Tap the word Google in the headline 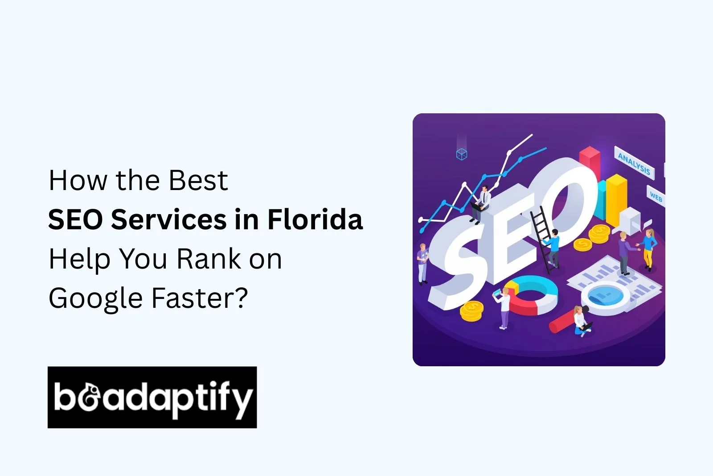point(94,298)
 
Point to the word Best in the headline point(198,180)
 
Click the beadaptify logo point(152,397)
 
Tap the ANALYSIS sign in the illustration point(634,163)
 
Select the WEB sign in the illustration point(656,196)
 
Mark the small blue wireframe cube point(462,154)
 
